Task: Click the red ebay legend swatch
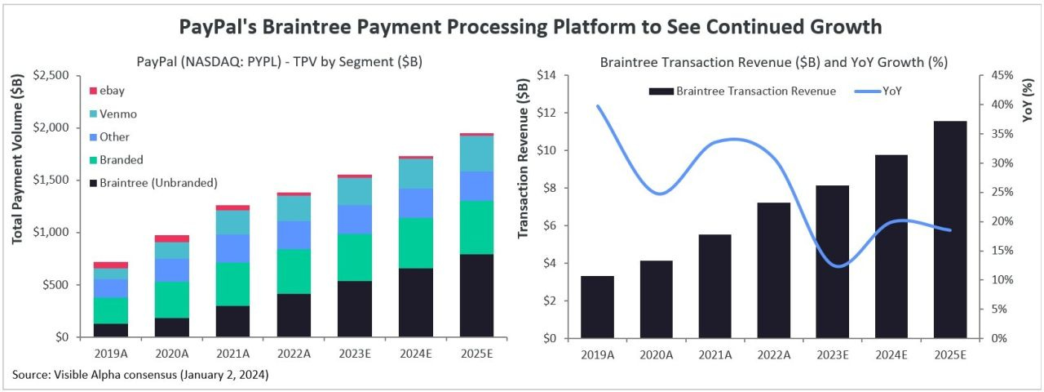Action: click(x=93, y=91)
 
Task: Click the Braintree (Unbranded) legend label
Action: click(x=158, y=182)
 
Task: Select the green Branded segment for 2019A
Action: click(x=110, y=310)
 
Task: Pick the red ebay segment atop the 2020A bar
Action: click(x=171, y=238)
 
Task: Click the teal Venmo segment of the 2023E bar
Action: click(x=354, y=191)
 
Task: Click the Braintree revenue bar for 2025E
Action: click(x=950, y=229)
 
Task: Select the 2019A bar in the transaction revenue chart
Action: click(x=597, y=306)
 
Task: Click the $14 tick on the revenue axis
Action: click(x=546, y=75)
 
